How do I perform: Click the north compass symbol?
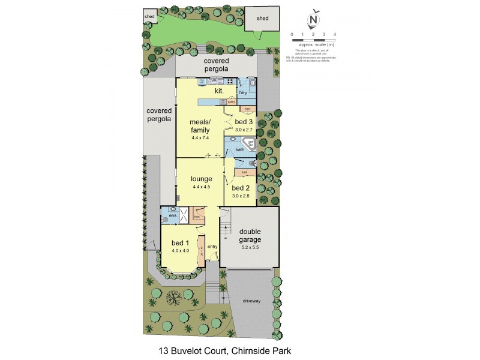[x=313, y=20]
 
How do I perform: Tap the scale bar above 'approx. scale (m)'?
[x=313, y=40]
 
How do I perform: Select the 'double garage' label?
[x=249, y=236]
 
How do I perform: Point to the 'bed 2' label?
[x=241, y=187]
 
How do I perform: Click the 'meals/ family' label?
[x=199, y=126]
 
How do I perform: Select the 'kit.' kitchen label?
[x=219, y=91]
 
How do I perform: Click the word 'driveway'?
[x=252, y=301]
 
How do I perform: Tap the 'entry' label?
[x=212, y=247]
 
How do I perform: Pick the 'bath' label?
[x=240, y=149]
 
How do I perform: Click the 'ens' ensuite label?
[x=172, y=215]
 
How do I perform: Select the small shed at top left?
[x=149, y=17]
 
